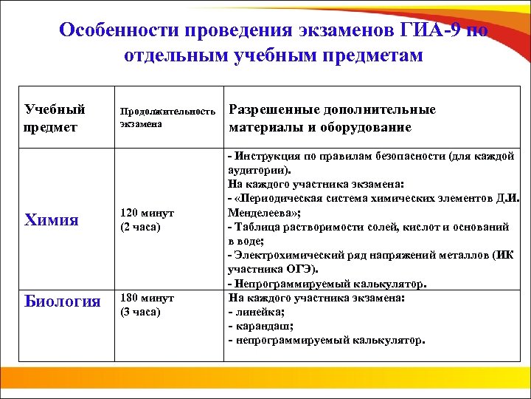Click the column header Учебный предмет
click(x=55, y=118)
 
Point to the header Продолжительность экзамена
click(x=168, y=117)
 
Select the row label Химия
click(x=52, y=219)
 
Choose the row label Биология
click(x=62, y=301)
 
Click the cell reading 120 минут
click(x=147, y=213)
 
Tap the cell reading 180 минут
click(x=147, y=298)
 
